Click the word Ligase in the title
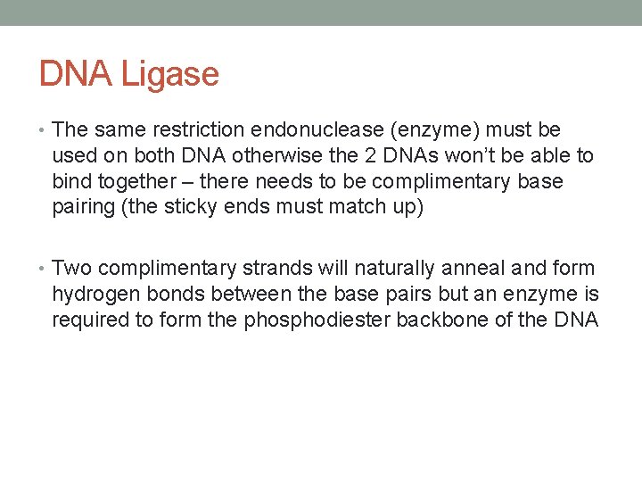pos(171,73)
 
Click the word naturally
pos(394,268)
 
